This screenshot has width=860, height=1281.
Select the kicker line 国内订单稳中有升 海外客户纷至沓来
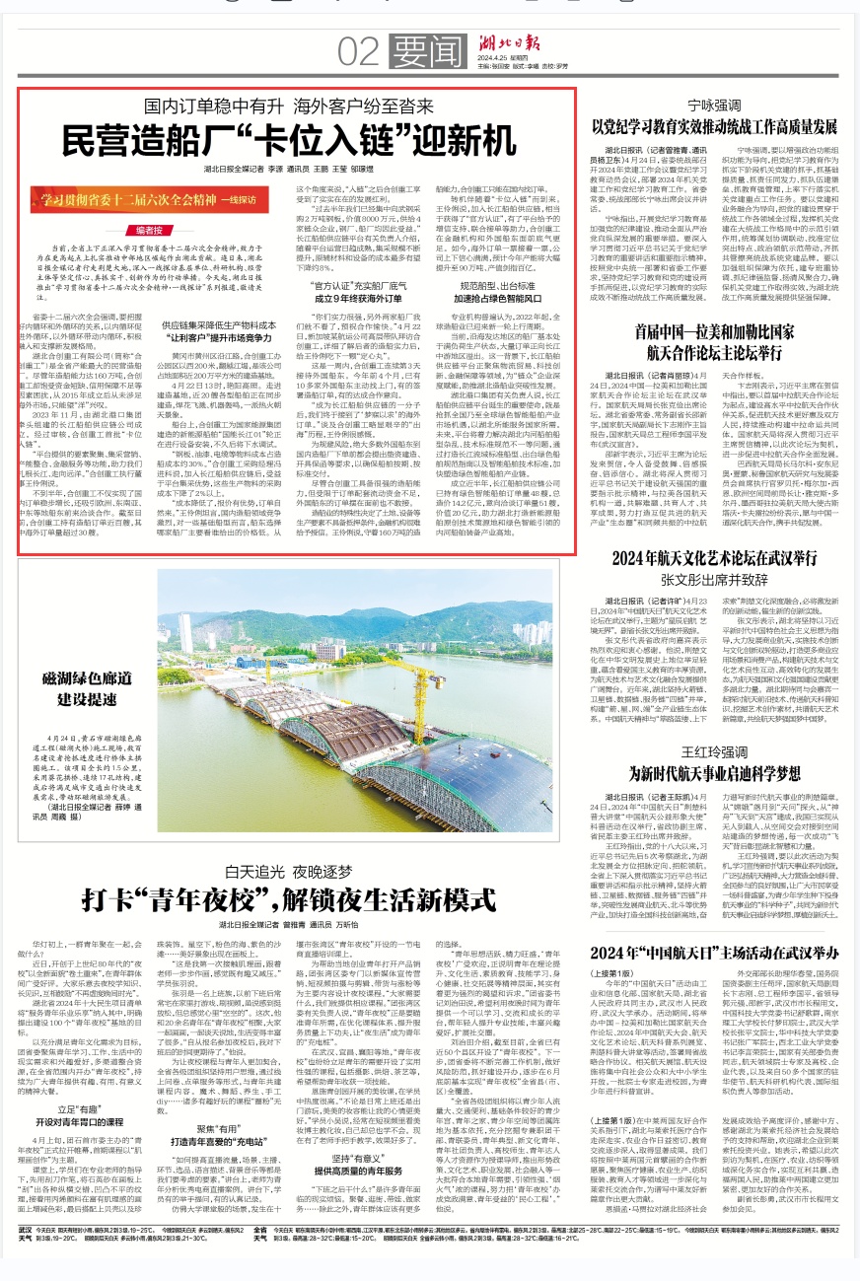coord(296,106)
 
